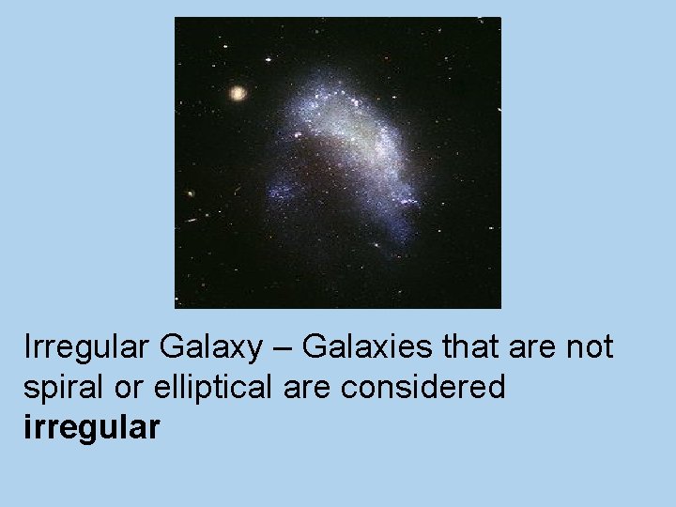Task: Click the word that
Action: pos(468,347)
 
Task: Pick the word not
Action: pos(588,347)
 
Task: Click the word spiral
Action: pos(57,388)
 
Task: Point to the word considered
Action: pos(423,387)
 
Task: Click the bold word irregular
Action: pos(92,428)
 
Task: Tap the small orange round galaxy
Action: pos(238,93)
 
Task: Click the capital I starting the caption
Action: pos(28,347)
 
